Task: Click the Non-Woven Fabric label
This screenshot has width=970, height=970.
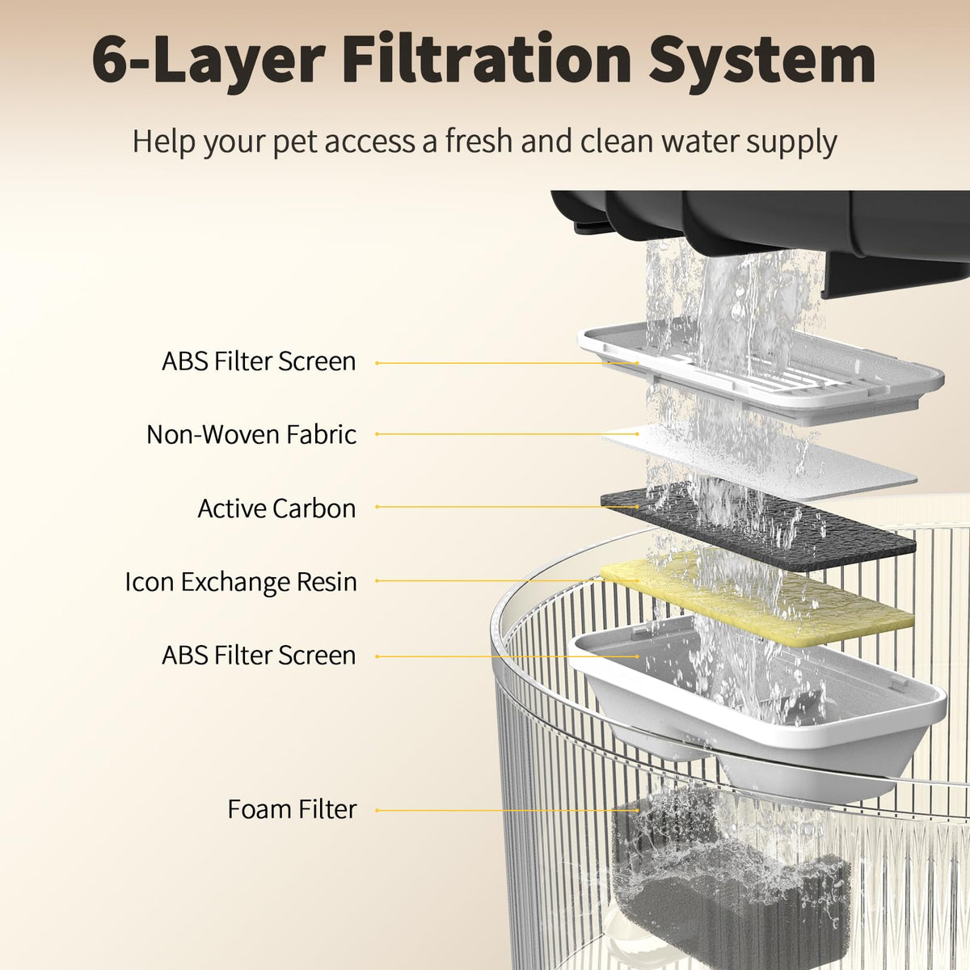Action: pyautogui.click(x=251, y=434)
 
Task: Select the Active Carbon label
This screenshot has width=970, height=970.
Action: pyautogui.click(x=277, y=508)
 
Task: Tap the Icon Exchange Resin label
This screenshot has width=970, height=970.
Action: pyautogui.click(x=241, y=582)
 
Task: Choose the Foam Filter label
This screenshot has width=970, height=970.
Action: pyautogui.click(x=292, y=809)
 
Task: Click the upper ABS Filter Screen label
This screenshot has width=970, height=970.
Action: pyautogui.click(x=259, y=361)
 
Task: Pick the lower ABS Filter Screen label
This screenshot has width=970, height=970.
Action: pyautogui.click(x=259, y=656)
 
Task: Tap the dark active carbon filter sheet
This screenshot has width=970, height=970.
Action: pyautogui.click(x=758, y=528)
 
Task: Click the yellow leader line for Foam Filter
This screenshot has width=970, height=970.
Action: pyautogui.click(x=507, y=811)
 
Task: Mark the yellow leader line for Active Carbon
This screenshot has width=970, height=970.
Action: pyautogui.click(x=507, y=507)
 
